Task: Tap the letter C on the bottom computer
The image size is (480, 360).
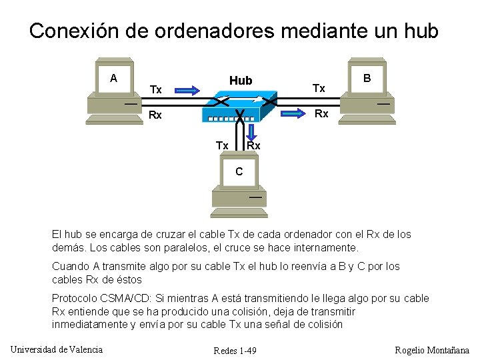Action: click(x=239, y=172)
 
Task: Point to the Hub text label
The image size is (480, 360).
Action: click(x=241, y=81)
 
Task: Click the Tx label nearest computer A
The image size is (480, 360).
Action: click(x=156, y=89)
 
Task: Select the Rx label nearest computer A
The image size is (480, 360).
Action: click(x=155, y=115)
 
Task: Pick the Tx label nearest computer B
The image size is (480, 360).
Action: click(x=319, y=88)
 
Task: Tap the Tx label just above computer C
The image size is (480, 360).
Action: click(x=222, y=145)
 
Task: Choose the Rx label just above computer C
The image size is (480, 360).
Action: click(x=253, y=145)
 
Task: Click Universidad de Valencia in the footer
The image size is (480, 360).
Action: click(x=57, y=349)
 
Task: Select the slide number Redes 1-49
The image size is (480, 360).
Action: click(x=235, y=351)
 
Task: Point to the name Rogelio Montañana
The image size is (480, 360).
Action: click(x=432, y=350)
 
